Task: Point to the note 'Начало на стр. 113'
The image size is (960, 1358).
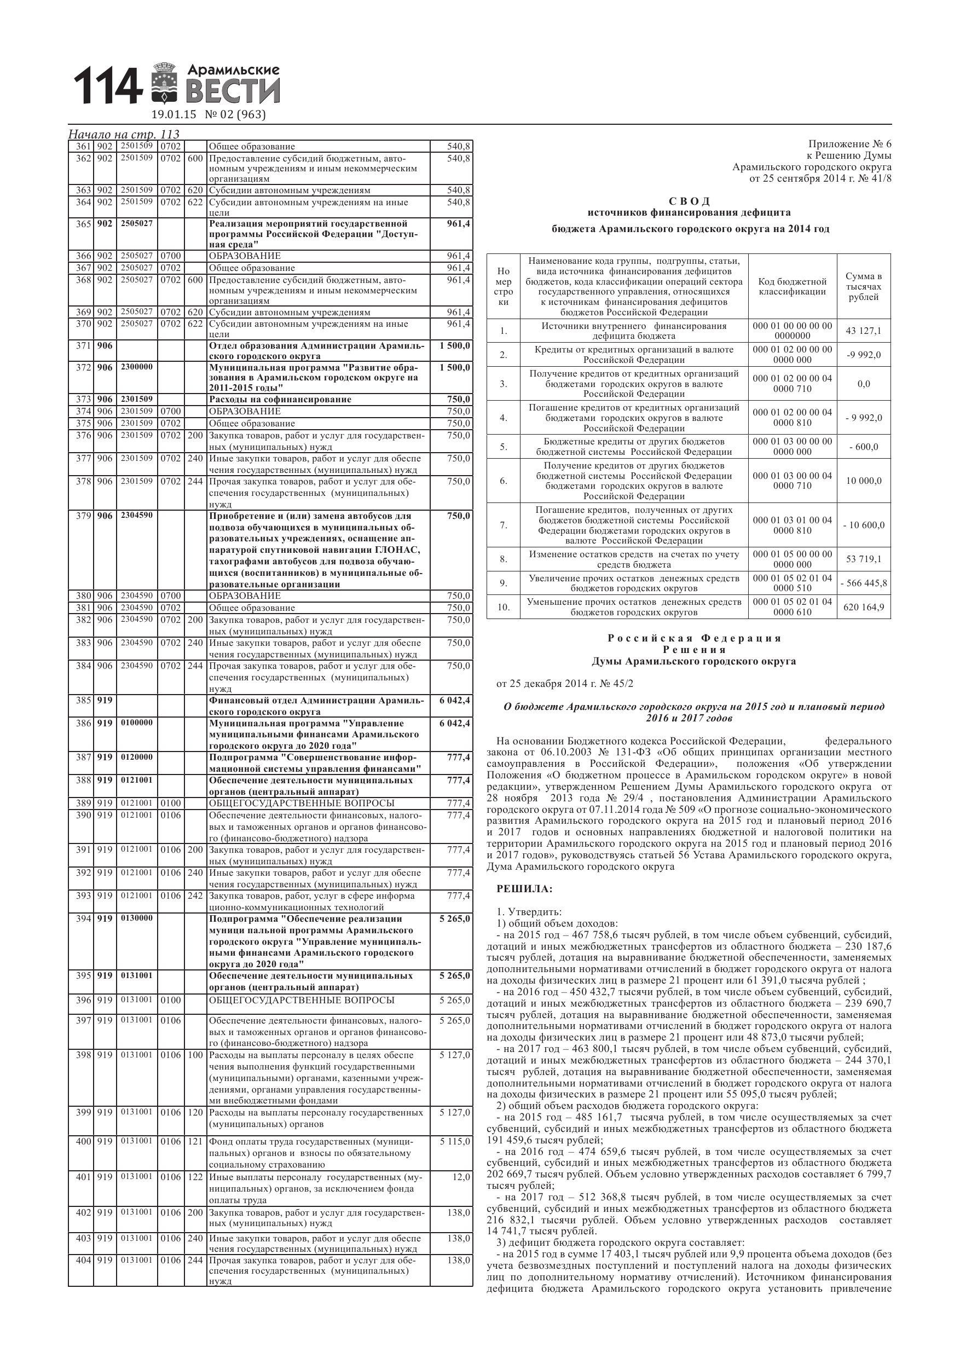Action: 124,134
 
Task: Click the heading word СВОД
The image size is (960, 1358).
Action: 689,201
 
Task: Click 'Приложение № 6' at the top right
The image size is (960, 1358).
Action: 849,145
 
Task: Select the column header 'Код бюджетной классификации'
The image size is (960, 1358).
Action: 792,286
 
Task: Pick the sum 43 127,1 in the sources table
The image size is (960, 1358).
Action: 863,331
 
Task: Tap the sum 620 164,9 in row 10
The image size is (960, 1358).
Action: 864,607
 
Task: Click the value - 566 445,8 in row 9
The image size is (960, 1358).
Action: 864,583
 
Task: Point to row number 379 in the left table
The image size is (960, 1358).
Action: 83,516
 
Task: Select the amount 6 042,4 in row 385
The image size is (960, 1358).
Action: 454,700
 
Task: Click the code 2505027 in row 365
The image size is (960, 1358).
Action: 137,223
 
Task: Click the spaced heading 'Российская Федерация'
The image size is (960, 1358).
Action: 694,638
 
